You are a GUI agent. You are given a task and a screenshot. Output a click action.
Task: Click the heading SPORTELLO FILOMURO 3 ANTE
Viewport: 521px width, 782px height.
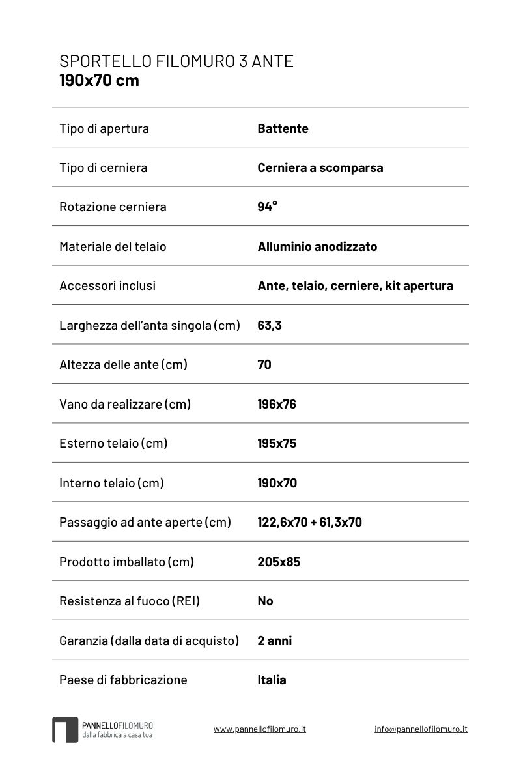click(176, 62)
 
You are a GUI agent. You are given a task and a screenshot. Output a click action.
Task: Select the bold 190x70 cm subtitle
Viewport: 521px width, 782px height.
click(99, 81)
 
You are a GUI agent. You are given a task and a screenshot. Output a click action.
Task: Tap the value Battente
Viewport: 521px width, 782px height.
click(283, 128)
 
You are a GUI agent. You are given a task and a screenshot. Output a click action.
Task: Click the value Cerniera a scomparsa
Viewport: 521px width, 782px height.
click(320, 167)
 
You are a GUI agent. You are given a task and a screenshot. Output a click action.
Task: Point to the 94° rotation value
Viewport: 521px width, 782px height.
click(267, 207)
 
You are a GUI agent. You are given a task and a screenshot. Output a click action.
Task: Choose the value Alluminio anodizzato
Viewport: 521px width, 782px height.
click(317, 246)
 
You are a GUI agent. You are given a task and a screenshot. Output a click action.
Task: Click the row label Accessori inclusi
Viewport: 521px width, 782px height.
click(107, 285)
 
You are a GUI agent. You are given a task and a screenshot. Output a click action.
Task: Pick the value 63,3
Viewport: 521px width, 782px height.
click(270, 325)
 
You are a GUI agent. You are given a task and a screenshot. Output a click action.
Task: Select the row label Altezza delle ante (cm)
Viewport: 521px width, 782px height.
click(123, 364)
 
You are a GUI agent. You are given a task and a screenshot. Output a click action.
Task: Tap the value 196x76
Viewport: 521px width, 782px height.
click(277, 404)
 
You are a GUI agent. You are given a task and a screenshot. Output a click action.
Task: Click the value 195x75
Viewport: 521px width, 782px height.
click(277, 443)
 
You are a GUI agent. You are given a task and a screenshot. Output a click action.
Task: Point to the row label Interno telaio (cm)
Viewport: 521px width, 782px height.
click(111, 483)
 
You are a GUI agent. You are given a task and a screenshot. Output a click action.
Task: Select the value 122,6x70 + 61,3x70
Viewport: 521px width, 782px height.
click(309, 522)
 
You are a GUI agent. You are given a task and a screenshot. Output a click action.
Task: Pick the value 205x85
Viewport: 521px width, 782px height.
click(279, 562)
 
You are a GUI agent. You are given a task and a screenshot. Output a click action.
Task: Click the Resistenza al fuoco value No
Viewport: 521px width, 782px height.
click(265, 601)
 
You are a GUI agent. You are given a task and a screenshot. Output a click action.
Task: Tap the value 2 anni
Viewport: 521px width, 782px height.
click(274, 641)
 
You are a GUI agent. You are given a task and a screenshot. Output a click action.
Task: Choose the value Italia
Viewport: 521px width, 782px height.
click(272, 680)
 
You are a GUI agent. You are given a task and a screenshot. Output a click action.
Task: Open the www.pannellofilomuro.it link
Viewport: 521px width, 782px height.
click(259, 729)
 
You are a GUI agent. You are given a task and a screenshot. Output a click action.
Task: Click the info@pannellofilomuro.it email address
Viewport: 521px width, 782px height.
click(421, 729)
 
